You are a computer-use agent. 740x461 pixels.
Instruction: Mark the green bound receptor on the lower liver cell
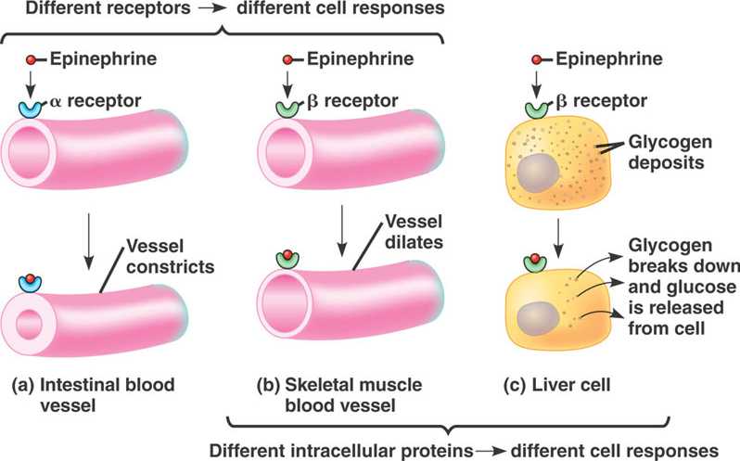(x=537, y=265)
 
